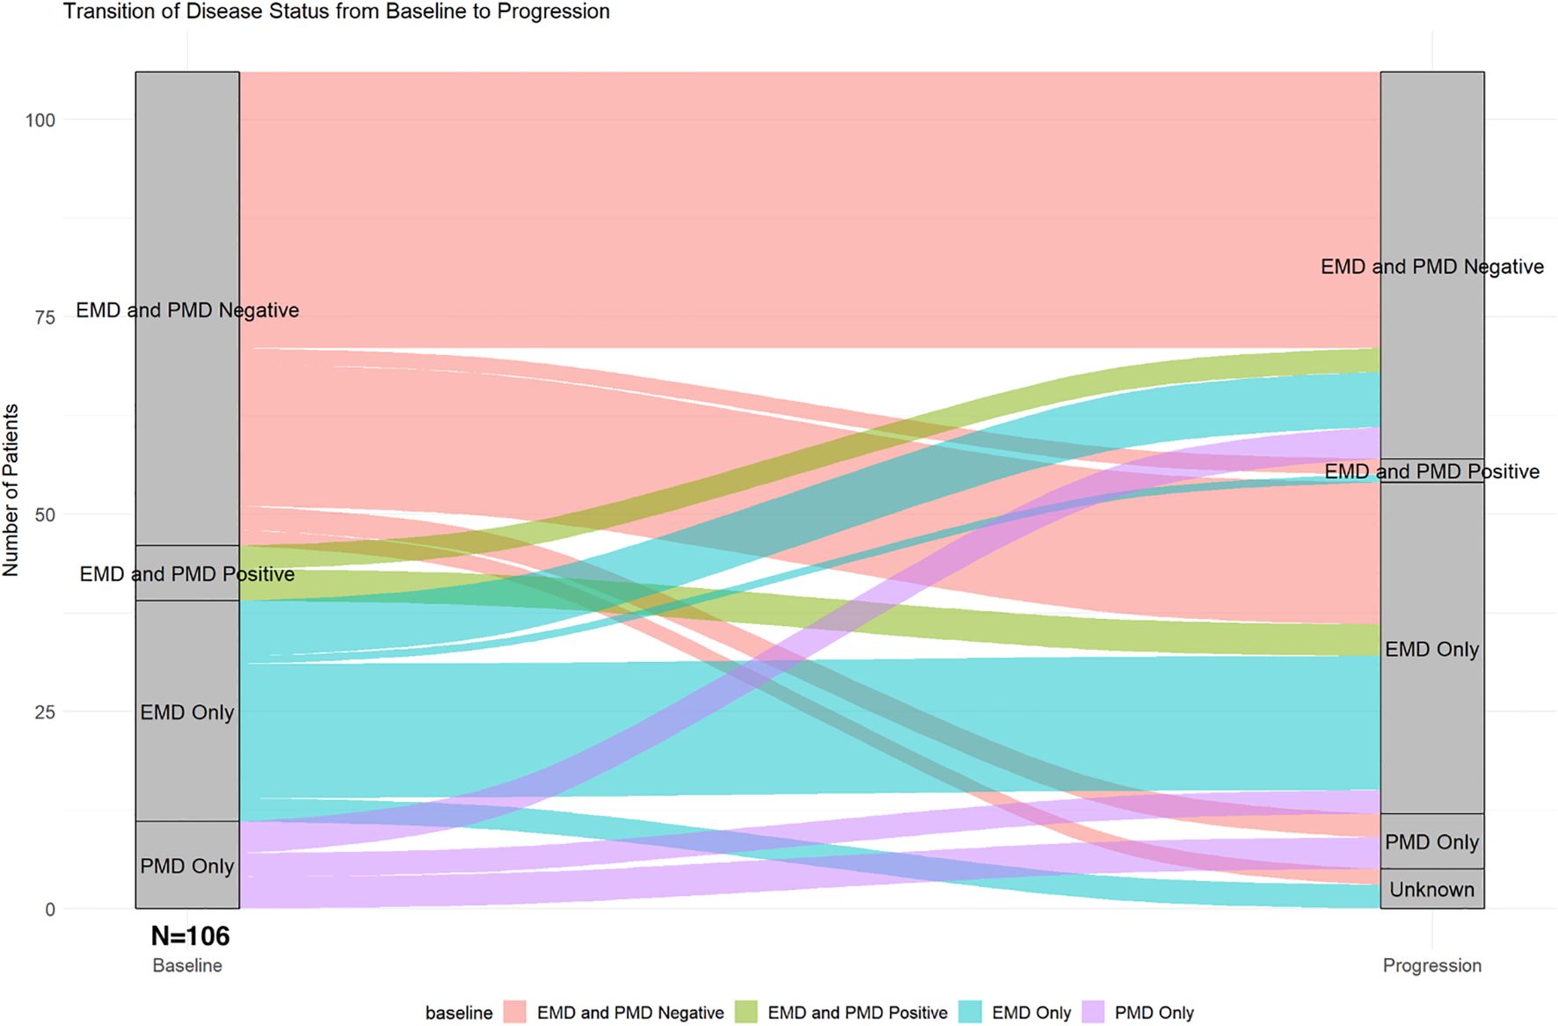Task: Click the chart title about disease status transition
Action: click(336, 11)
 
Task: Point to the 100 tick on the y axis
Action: click(40, 120)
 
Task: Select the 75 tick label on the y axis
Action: click(45, 317)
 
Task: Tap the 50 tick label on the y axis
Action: click(45, 515)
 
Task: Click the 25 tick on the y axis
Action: click(45, 712)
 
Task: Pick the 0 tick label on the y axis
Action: click(50, 910)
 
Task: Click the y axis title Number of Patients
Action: click(11, 490)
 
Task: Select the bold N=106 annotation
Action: click(190, 936)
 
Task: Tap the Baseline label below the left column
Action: click(187, 965)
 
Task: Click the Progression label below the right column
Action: click(1431, 965)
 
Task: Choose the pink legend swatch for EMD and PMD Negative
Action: click(514, 1013)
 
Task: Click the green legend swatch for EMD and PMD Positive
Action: click(745, 1013)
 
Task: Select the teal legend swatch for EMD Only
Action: click(970, 1013)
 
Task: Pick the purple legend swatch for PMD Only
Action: click(1092, 1013)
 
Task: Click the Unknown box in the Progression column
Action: click(1431, 890)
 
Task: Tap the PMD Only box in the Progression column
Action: click(1431, 842)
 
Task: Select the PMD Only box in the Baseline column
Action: click(187, 866)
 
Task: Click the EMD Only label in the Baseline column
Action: click(187, 712)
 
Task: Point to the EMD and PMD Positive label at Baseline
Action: click(187, 574)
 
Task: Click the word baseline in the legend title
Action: click(458, 1013)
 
